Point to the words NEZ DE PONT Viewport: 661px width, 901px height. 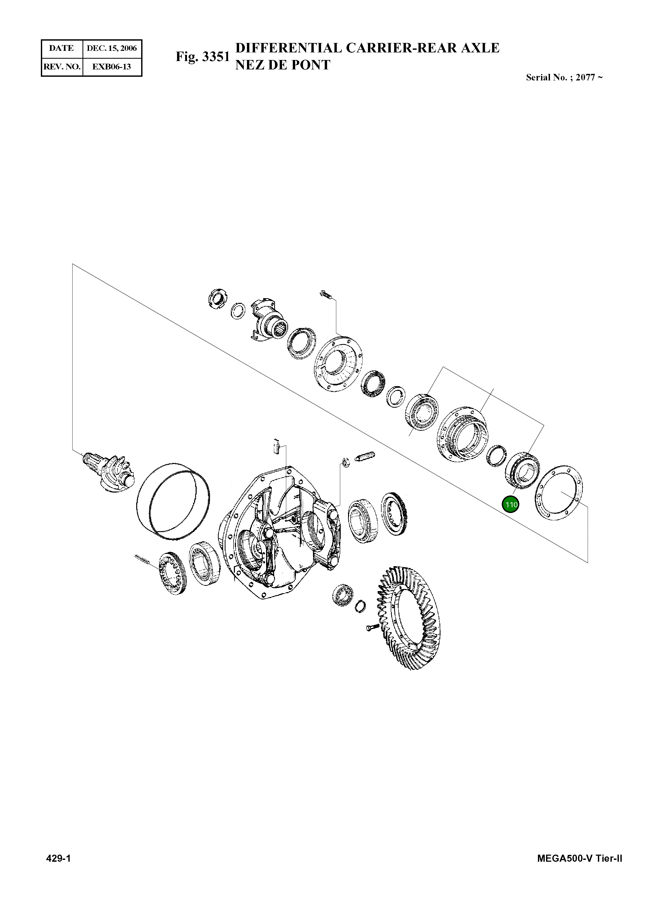point(283,65)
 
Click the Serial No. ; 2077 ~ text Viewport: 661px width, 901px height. point(564,78)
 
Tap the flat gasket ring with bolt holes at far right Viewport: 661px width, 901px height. point(559,493)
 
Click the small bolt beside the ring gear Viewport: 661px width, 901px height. point(372,628)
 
